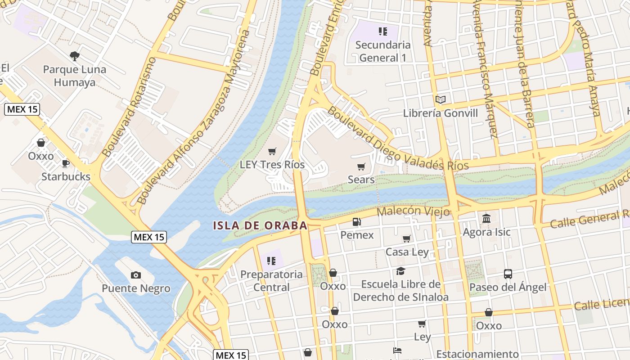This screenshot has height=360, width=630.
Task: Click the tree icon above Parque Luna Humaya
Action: point(75,56)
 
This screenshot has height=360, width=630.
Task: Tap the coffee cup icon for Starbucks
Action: point(66,163)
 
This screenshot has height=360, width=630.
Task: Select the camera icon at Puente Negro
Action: point(135,275)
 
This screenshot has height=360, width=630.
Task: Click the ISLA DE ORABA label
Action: point(260,225)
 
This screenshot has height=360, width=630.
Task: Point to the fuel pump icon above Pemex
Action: point(356,221)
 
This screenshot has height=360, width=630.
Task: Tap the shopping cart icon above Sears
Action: point(361,167)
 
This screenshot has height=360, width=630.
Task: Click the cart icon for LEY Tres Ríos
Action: point(272,152)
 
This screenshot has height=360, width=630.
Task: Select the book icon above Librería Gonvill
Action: point(440,99)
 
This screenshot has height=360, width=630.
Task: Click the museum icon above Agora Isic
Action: point(486,219)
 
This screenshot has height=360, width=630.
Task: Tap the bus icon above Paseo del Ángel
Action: point(508,274)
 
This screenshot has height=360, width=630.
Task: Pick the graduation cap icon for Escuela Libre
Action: point(400,271)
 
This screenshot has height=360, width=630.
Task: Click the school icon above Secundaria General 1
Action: point(382,31)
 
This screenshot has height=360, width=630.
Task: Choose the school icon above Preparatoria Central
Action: point(271,261)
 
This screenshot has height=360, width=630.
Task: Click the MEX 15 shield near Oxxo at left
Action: point(22,109)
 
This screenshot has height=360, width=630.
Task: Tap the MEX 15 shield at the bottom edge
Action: point(231,355)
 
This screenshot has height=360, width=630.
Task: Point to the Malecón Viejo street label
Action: point(413,211)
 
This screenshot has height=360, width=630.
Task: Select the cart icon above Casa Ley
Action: point(407,238)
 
